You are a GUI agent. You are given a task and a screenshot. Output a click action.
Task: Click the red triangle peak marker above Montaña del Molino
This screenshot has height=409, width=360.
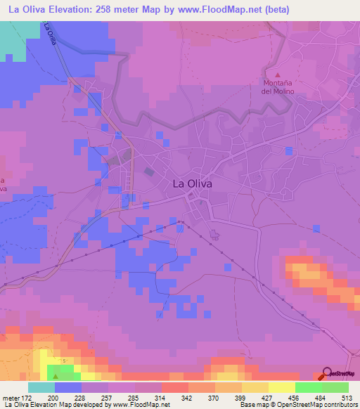[277, 74]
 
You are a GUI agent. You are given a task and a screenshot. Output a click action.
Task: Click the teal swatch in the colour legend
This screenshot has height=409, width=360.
[41, 387]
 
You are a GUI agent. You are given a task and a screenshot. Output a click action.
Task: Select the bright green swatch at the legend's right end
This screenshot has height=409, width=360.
[335, 387]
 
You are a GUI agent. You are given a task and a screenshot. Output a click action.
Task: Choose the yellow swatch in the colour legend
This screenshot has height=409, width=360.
[281, 387]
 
